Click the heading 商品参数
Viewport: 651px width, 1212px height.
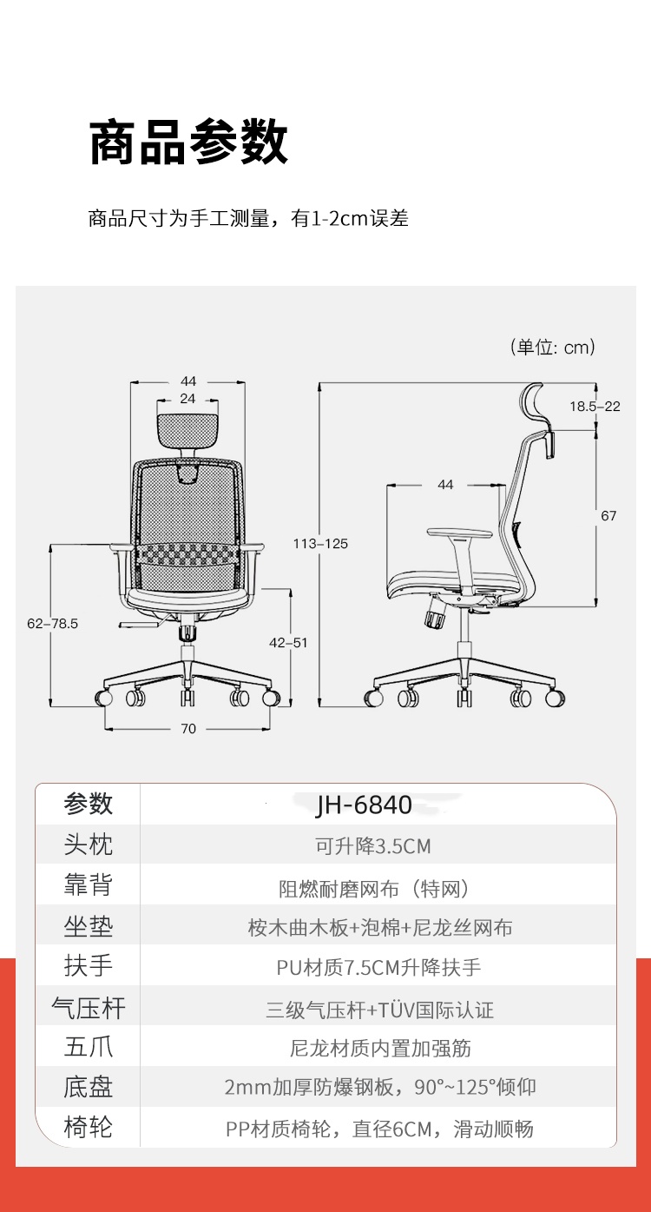tap(188, 142)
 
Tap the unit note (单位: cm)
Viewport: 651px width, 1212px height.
tap(553, 347)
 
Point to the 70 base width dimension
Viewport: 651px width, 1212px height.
tap(188, 729)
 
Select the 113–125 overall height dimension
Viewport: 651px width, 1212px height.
tap(320, 543)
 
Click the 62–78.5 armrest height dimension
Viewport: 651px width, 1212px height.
tap(52, 623)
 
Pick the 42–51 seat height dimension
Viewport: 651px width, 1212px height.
tap(288, 642)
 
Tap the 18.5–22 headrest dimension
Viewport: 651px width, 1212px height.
tap(595, 406)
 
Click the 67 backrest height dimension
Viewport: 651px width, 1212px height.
tap(608, 515)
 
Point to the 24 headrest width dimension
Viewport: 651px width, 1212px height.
tap(187, 399)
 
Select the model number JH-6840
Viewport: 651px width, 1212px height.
tap(364, 805)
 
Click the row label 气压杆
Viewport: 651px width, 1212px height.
tap(89, 1009)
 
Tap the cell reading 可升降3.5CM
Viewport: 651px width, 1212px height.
tap(373, 846)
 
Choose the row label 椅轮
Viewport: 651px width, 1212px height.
tap(89, 1128)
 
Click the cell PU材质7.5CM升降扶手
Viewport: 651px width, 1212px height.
tap(378, 968)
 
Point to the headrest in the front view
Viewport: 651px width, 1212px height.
tap(187, 430)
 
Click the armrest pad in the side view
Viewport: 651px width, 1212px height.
tap(459, 533)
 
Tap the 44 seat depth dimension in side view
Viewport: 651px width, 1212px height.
tap(445, 484)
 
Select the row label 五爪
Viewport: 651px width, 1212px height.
tap(89, 1048)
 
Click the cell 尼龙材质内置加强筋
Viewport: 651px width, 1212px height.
tap(380, 1049)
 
